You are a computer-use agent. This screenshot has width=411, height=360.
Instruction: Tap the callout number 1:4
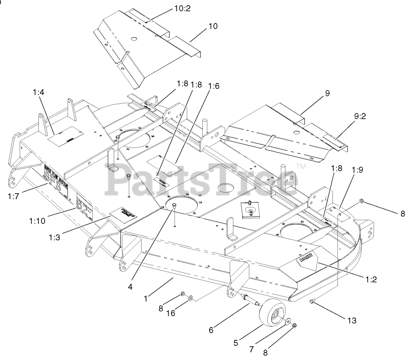(38, 92)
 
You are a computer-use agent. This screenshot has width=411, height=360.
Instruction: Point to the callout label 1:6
(213, 85)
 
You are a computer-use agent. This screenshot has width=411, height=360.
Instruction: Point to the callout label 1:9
(358, 169)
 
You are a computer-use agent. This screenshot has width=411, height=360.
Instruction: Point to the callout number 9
(327, 93)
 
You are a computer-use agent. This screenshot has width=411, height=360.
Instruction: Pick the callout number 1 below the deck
(146, 299)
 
